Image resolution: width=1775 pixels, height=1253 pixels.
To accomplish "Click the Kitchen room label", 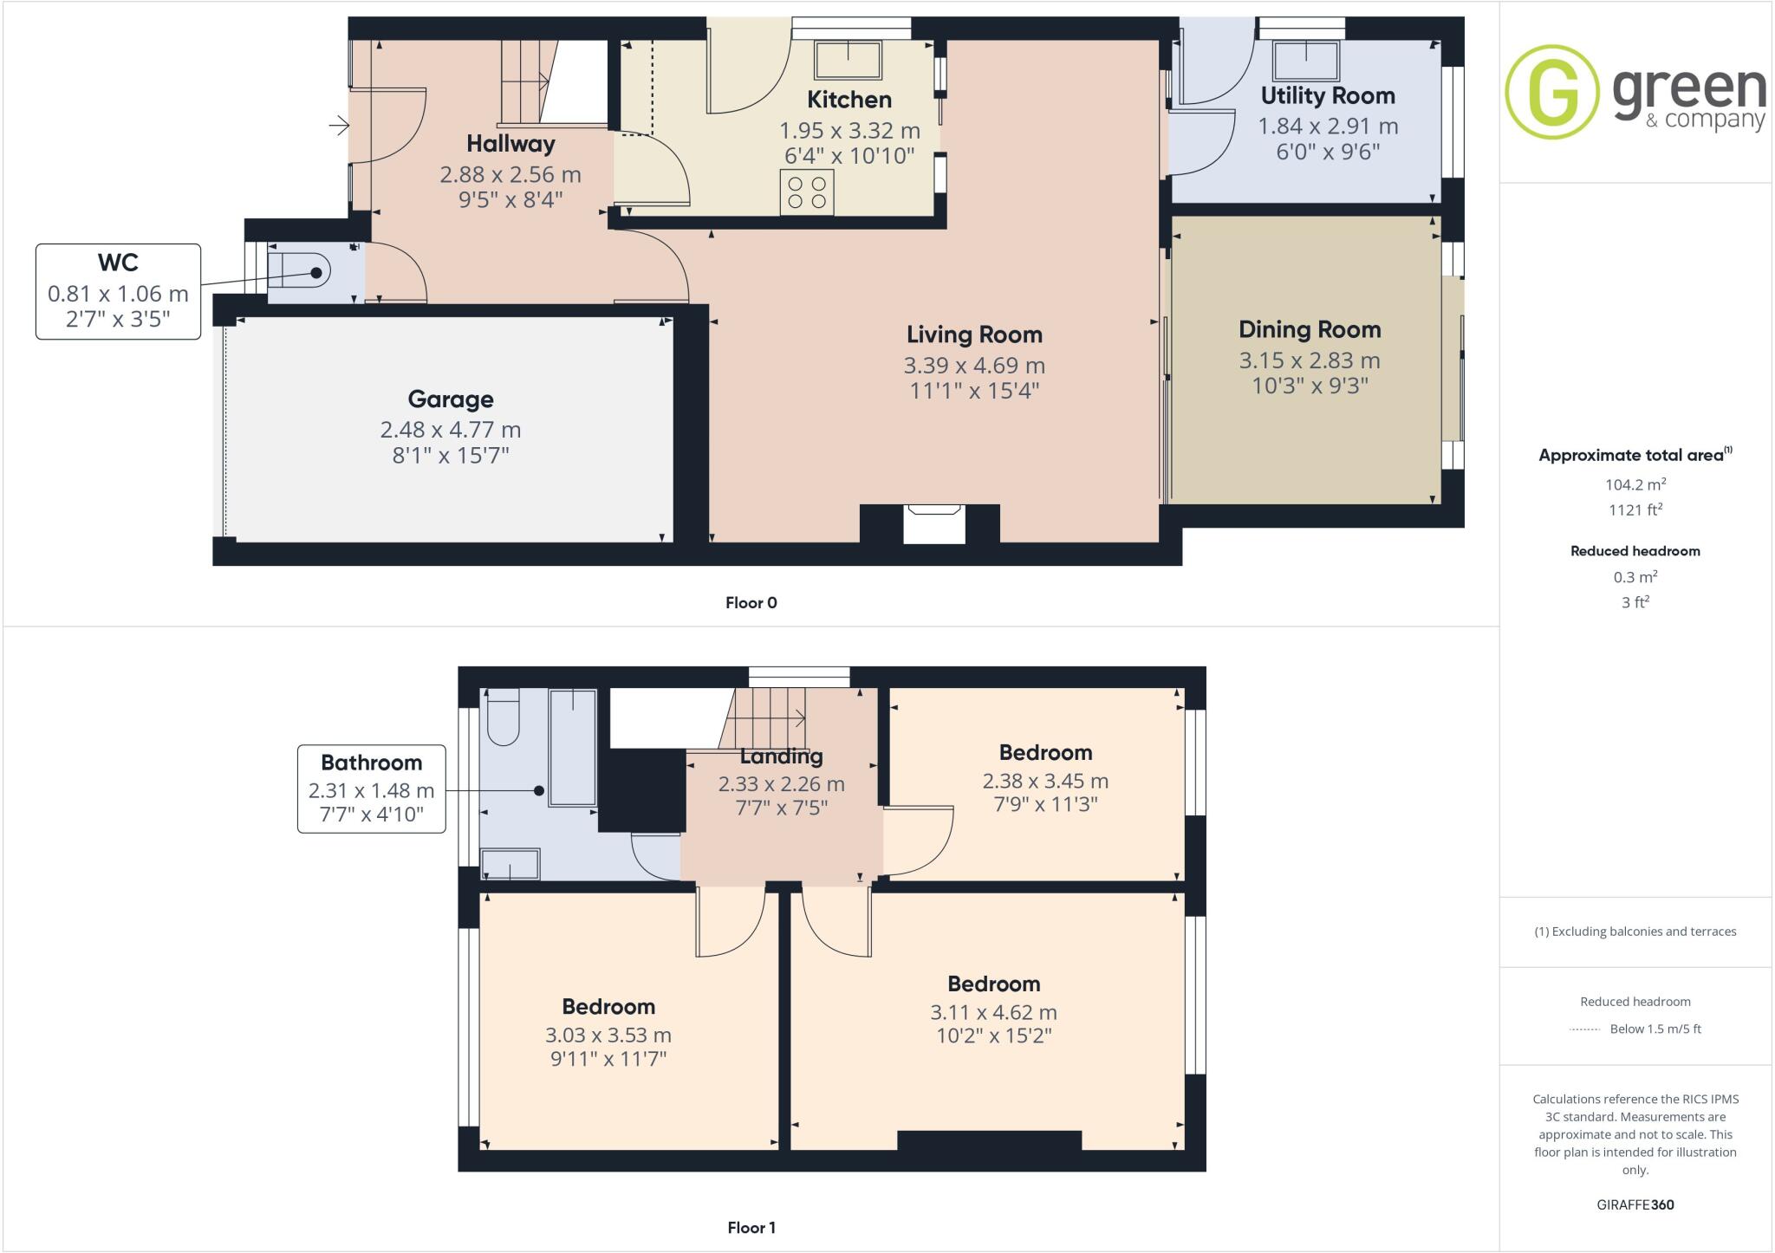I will (x=848, y=100).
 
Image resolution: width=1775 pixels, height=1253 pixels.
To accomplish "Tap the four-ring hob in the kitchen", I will (x=807, y=192).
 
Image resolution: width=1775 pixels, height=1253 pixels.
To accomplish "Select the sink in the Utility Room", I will (x=1305, y=62).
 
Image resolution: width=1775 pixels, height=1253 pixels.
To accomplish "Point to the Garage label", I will (x=451, y=399).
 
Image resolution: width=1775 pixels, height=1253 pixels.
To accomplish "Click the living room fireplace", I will (x=933, y=523).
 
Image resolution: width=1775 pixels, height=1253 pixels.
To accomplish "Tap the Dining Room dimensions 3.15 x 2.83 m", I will (x=1309, y=360).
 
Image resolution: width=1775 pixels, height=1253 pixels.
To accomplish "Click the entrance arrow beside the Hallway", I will (x=339, y=127).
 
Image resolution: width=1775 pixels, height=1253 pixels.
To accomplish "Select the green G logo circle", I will (x=1552, y=92).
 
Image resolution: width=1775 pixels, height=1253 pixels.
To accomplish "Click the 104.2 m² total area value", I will (x=1635, y=484).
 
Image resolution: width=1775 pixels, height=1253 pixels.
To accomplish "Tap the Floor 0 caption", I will (x=751, y=603).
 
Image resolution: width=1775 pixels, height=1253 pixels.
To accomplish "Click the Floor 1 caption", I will (x=751, y=1228).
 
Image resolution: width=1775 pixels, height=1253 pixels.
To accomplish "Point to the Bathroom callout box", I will (x=372, y=789).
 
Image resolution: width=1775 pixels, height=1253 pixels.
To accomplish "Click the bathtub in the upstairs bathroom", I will (x=573, y=747).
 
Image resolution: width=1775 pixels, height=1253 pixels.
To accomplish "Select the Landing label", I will (x=781, y=756).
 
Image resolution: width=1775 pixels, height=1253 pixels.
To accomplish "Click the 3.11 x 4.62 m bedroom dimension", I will (x=993, y=1012).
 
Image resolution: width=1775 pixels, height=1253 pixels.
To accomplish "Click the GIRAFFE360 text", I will (x=1635, y=1204).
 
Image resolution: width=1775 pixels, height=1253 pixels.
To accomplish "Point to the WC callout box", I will (x=119, y=291).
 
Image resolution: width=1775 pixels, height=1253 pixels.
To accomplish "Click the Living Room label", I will (x=974, y=334).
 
